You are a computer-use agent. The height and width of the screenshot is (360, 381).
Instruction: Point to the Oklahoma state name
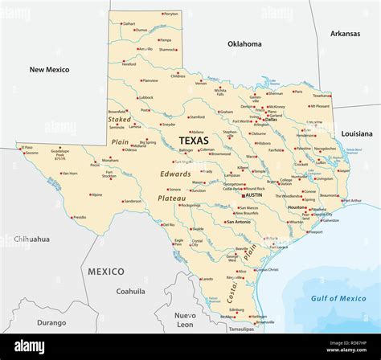244,44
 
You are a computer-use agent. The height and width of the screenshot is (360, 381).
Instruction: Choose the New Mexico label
49,70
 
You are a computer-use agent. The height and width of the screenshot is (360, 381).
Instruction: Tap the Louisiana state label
355,133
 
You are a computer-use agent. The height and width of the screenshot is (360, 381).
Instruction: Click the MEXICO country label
105,272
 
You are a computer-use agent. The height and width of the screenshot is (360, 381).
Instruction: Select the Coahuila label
130,292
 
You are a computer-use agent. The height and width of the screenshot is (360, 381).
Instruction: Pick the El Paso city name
28,148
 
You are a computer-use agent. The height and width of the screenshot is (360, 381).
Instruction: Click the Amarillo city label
145,49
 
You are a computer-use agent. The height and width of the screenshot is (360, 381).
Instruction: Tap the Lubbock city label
145,98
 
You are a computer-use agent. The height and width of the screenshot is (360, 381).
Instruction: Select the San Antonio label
240,221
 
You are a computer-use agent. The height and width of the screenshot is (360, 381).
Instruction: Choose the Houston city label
297,208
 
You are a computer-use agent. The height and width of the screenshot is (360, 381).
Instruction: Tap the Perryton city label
171,14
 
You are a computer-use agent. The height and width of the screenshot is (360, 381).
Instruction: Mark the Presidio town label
80,216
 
